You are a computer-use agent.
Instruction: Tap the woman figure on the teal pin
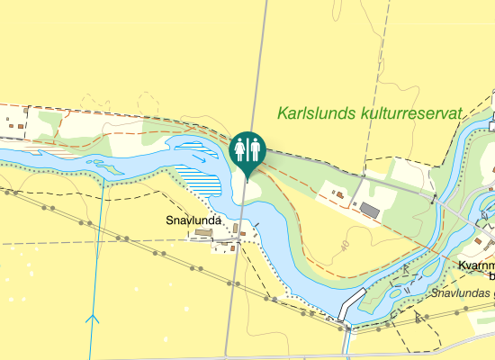[x=240, y=147]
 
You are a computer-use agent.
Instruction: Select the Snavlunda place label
[x=193, y=220]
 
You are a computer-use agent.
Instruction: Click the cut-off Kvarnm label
[x=476, y=266]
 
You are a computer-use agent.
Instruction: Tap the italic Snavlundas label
[x=461, y=293]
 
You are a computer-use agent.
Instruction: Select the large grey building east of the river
[x=370, y=210]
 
